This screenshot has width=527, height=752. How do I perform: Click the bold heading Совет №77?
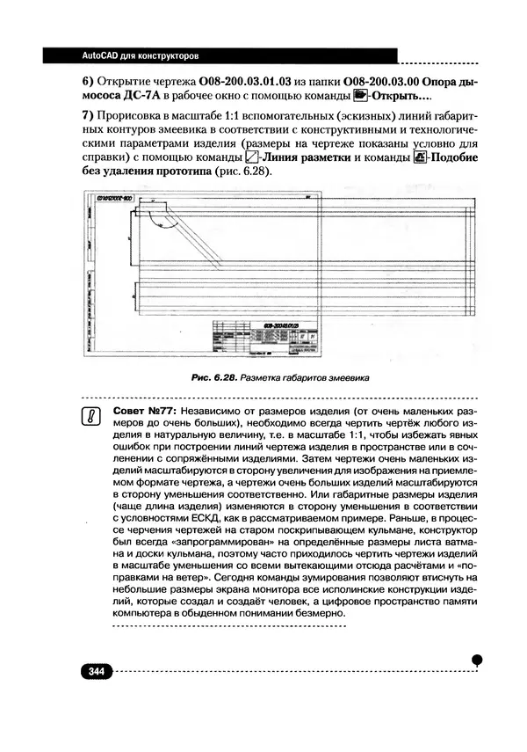pos(141,411)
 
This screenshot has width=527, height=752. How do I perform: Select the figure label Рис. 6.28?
pos(216,378)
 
